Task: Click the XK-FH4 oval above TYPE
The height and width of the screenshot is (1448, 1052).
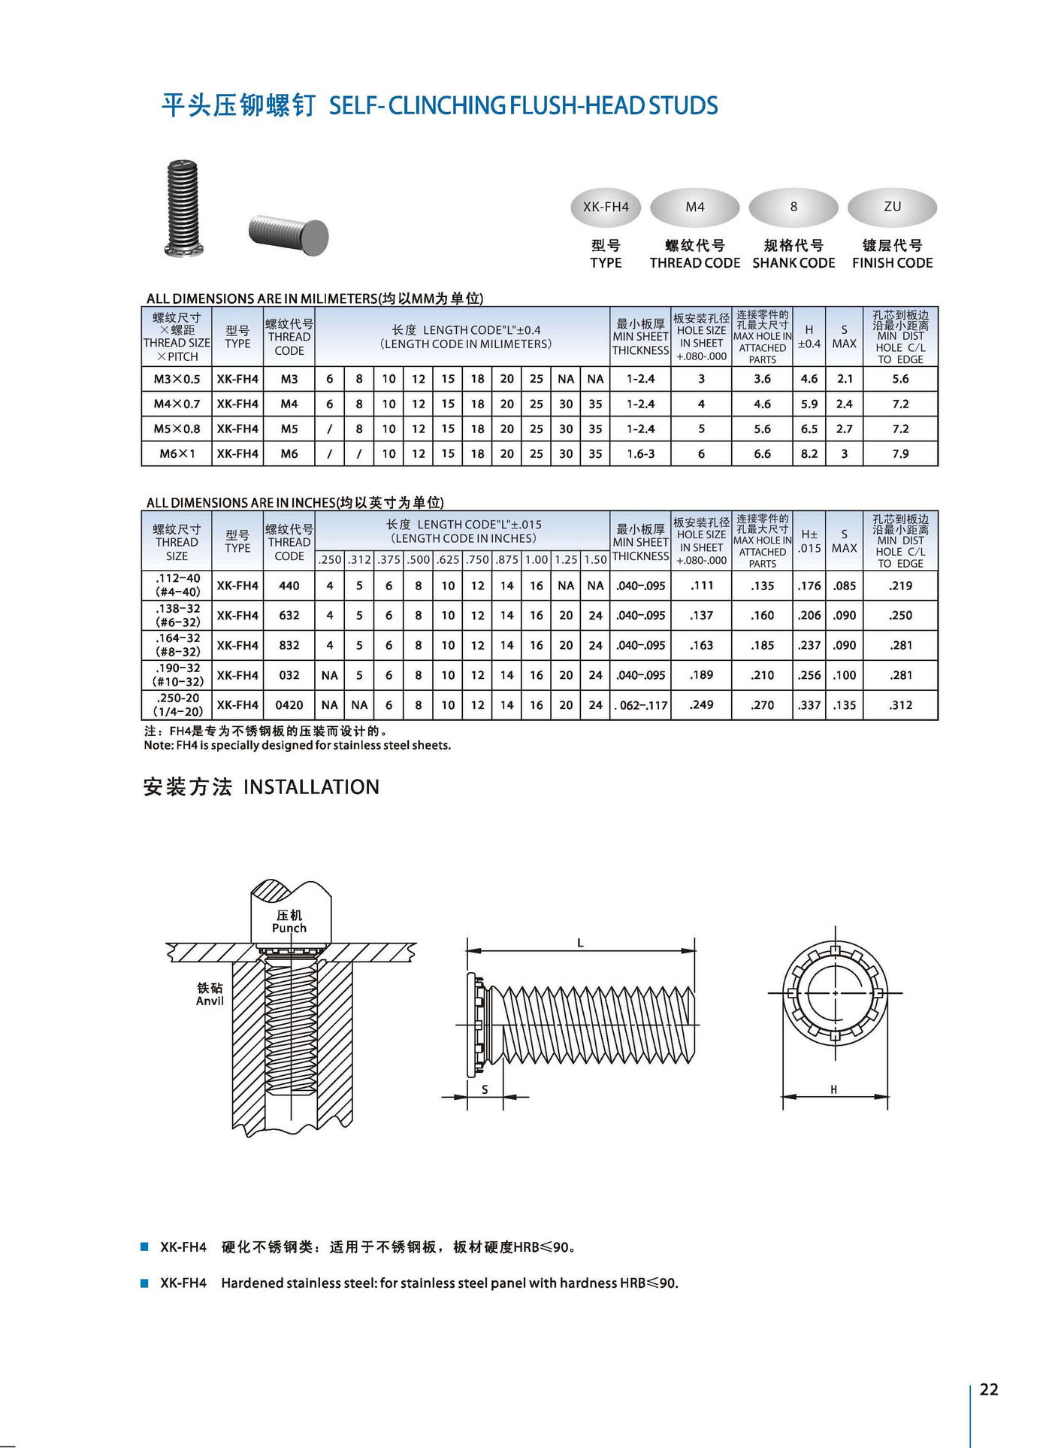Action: coord(606,207)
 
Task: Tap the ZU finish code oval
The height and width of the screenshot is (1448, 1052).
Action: coord(892,207)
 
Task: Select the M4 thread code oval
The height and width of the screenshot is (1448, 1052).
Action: coord(695,207)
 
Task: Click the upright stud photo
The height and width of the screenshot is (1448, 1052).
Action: coord(183,208)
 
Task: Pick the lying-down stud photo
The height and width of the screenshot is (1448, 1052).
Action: coord(289,234)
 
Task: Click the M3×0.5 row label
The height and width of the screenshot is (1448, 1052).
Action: coord(177,379)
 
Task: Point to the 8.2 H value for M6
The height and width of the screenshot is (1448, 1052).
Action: coord(809,453)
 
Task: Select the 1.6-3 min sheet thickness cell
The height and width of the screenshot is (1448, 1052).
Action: coord(640,453)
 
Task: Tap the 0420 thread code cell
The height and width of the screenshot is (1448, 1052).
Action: coord(289,705)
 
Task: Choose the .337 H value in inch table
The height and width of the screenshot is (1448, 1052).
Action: coord(809,705)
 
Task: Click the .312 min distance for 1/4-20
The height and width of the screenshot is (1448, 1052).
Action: coord(900,705)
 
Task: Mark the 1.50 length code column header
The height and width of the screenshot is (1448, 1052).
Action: coord(595,559)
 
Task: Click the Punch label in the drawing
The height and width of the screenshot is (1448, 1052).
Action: coord(289,928)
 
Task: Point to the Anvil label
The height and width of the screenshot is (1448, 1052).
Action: coord(210,1001)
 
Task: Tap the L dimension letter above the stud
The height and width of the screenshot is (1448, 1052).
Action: coord(580,943)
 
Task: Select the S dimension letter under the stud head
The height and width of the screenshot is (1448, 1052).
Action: coord(485,1089)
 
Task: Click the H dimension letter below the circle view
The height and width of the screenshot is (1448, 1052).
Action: coord(833,1089)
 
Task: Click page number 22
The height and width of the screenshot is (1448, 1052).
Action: coord(989,1389)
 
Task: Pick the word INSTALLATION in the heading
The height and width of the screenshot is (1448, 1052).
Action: coord(311,787)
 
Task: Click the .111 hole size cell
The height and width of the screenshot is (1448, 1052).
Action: coord(701,586)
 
